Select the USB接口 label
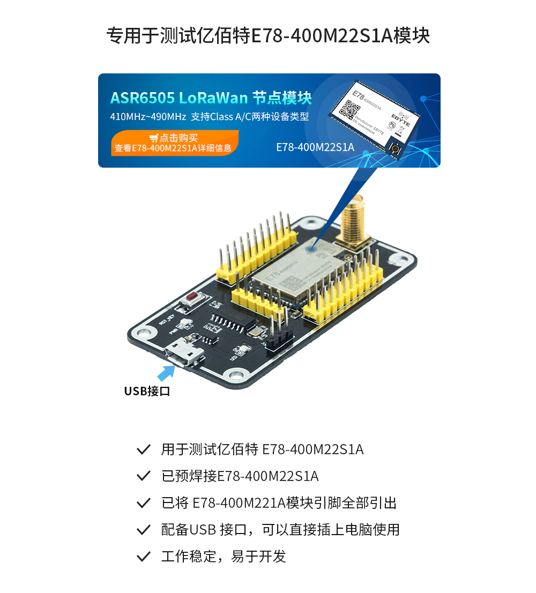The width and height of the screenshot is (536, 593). [147, 391]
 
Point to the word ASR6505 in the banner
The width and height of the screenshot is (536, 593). [143, 98]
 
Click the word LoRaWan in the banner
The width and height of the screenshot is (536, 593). [213, 98]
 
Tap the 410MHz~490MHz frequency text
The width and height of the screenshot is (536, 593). [148, 117]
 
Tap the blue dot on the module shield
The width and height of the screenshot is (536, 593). [311, 247]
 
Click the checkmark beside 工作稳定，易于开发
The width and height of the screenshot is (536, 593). [143, 557]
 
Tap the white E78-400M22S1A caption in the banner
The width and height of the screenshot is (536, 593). [315, 147]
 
